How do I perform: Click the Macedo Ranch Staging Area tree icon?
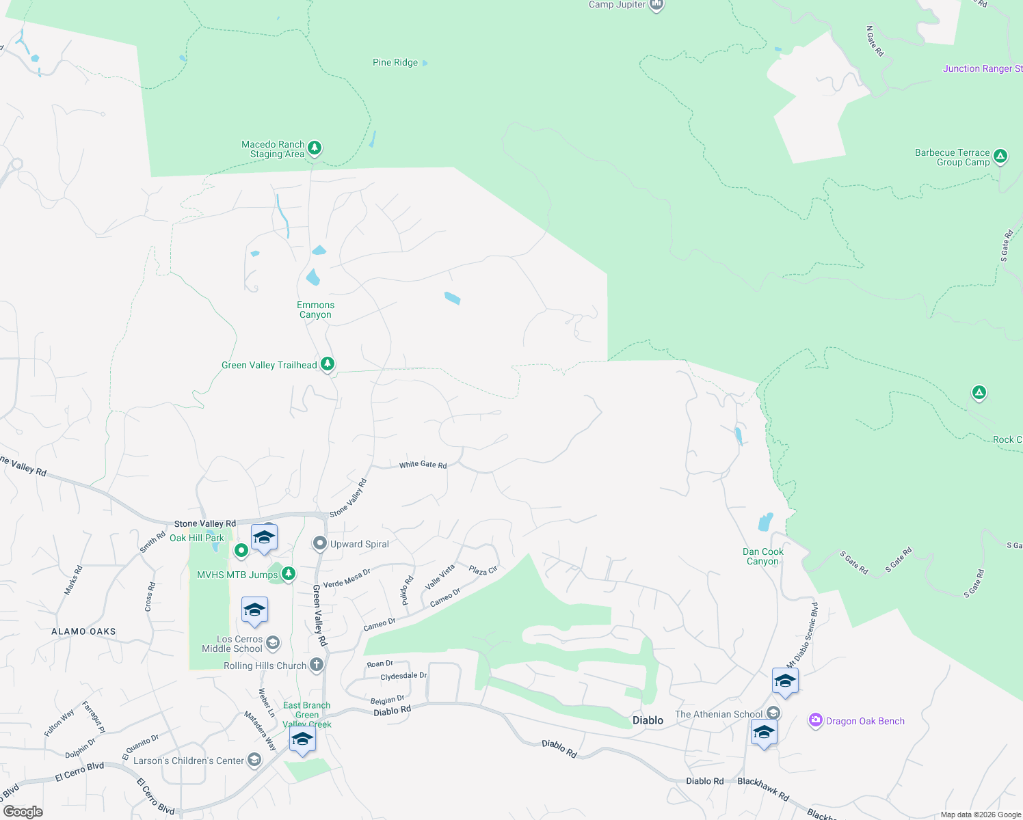pos(315,148)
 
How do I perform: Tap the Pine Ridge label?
pos(395,62)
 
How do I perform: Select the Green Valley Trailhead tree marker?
pos(328,364)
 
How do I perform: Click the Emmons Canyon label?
pos(315,310)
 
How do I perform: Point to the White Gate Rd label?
pos(423,465)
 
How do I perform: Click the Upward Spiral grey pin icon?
pos(319,544)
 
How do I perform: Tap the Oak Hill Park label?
pos(197,538)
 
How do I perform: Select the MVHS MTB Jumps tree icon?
pos(289,573)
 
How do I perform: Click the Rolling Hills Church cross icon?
pos(316,664)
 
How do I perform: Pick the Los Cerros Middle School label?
pos(232,644)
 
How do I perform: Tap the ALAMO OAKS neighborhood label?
pos(83,631)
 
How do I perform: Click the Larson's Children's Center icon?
pos(254,760)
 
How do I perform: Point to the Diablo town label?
pos(648,720)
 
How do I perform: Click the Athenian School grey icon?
pos(773,713)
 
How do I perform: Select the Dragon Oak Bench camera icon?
pos(815,720)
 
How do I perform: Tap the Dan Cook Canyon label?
pos(763,556)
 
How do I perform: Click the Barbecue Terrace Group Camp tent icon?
pos(1000,156)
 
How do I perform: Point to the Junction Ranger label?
pos(982,68)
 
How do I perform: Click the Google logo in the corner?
pos(23,812)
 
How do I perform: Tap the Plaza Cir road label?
pos(483,570)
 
